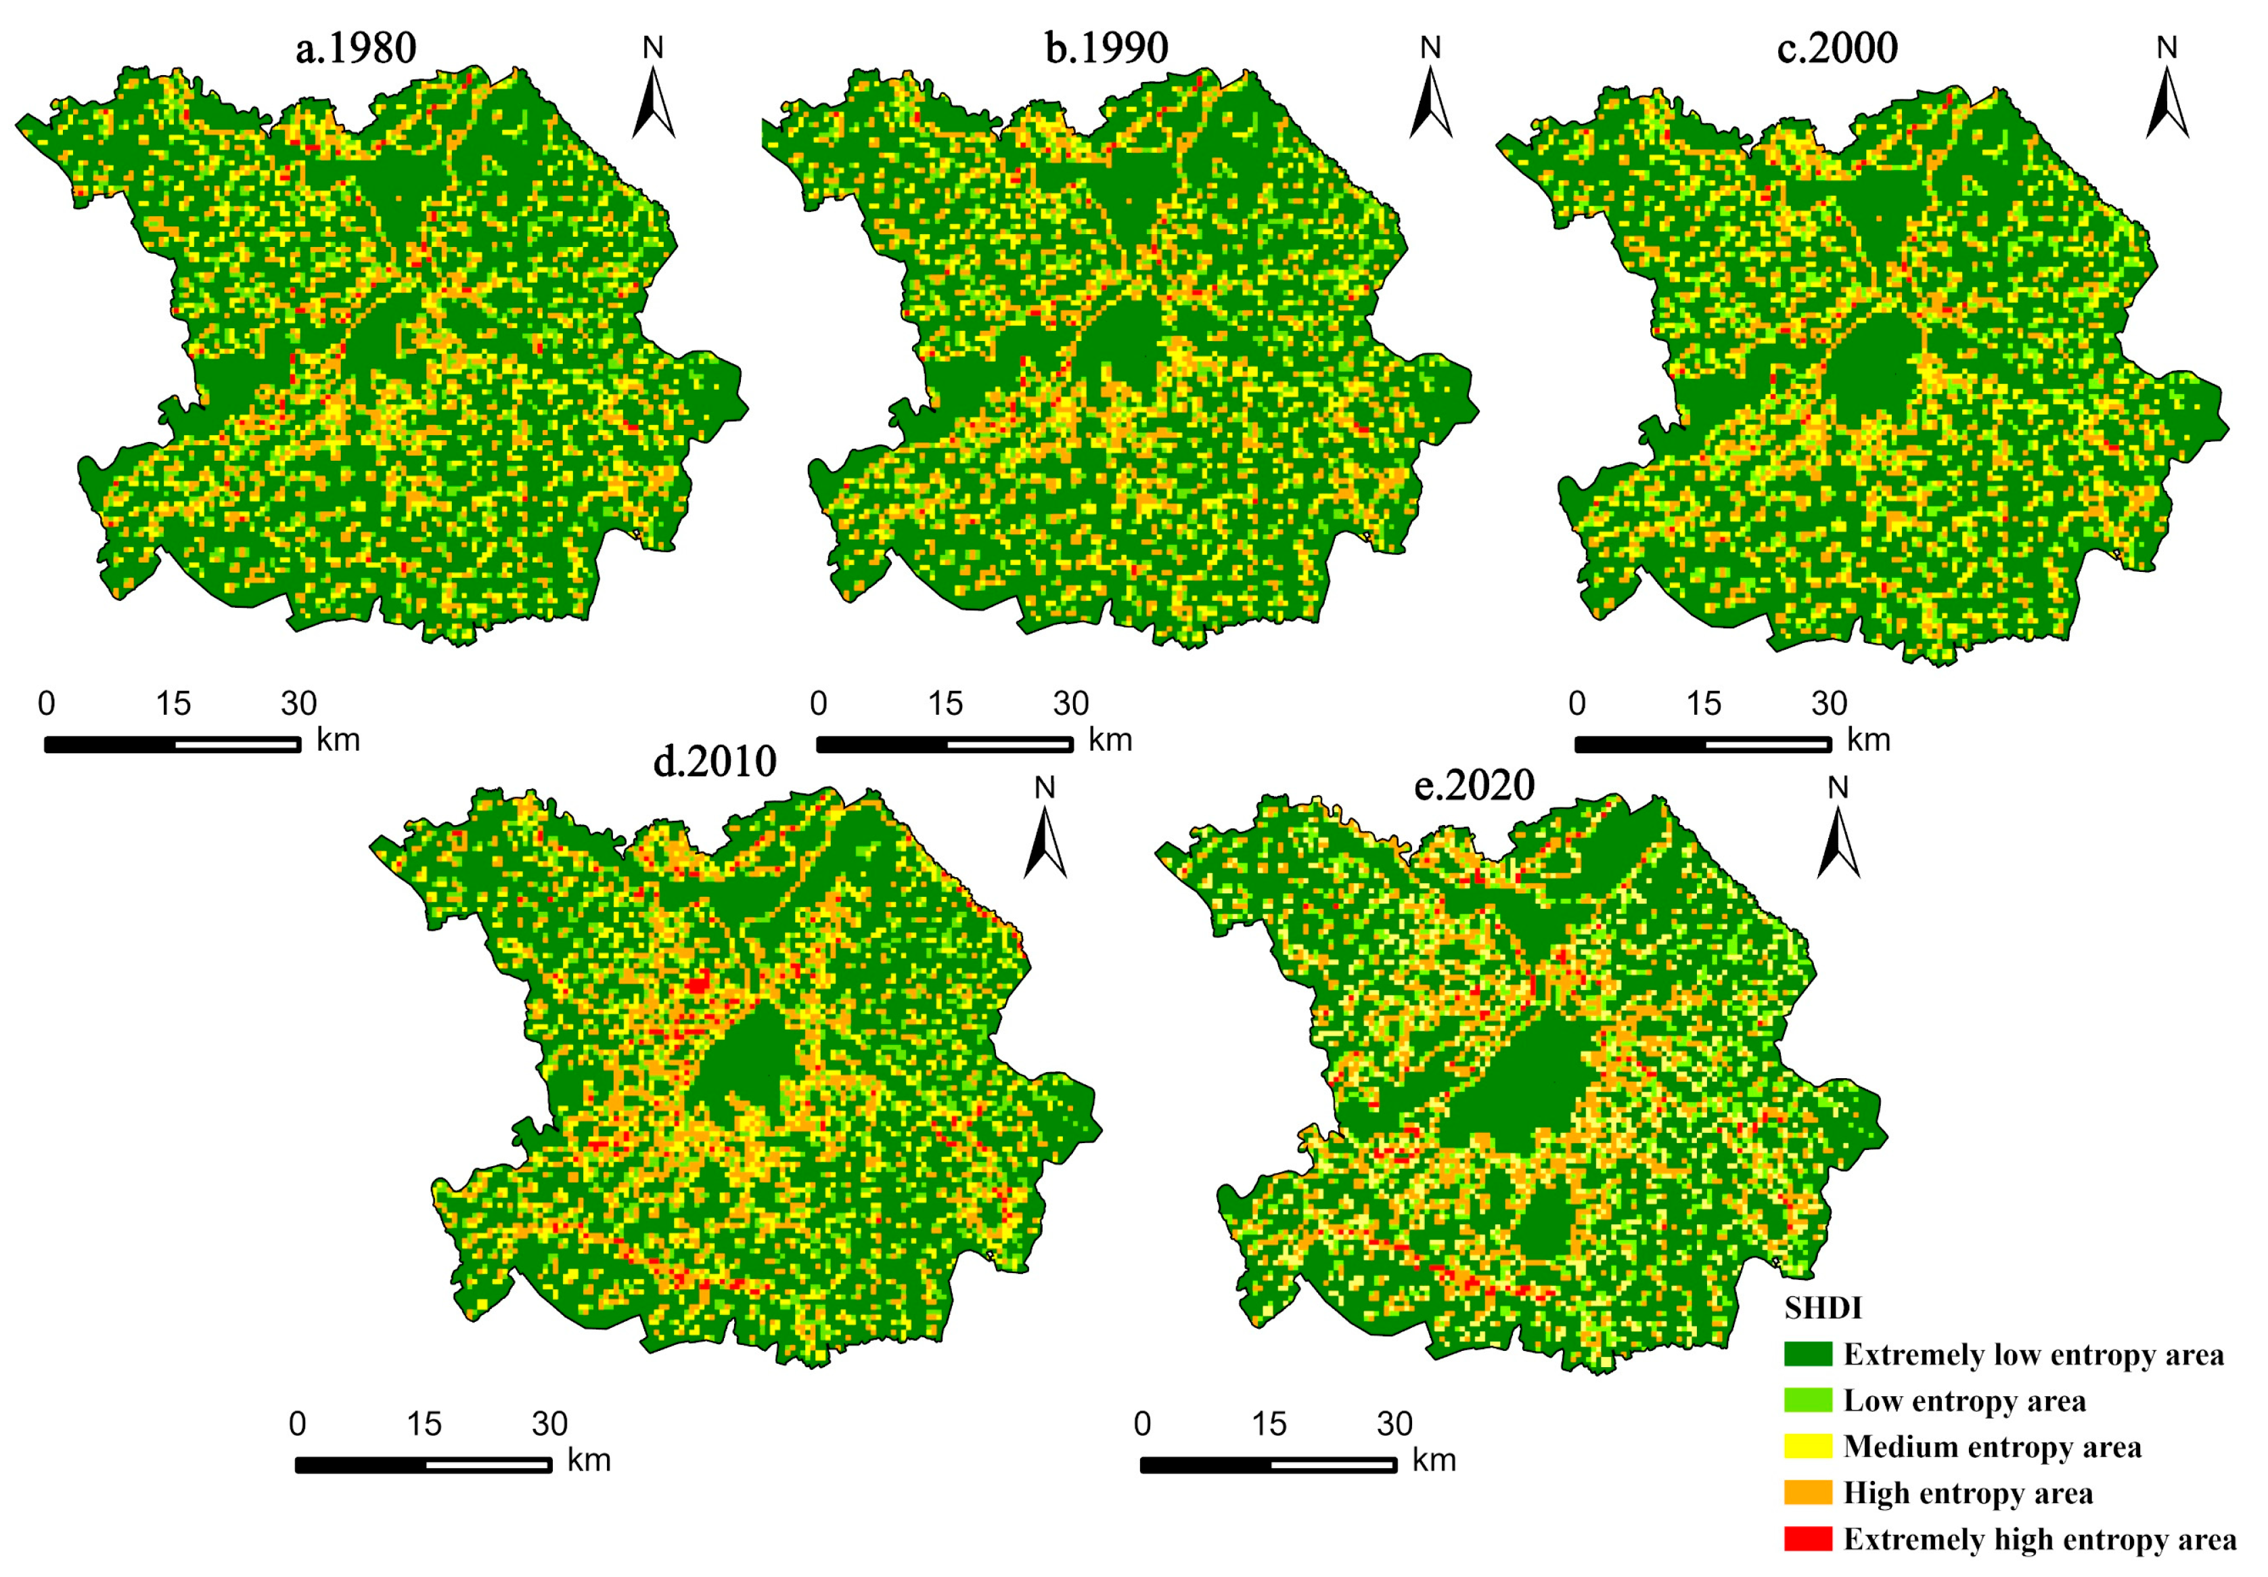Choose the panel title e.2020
pyautogui.click(x=1475, y=786)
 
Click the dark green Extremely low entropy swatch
pyautogui.click(x=1808, y=1354)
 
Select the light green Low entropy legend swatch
pyautogui.click(x=1808, y=1400)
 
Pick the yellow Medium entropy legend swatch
pyautogui.click(x=1808, y=1446)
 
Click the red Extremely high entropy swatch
pyautogui.click(x=1808, y=1538)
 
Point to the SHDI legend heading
pyautogui.click(x=1823, y=1308)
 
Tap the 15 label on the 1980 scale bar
pyautogui.click(x=173, y=703)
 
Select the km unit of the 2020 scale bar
pyautogui.click(x=1434, y=1461)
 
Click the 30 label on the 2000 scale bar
pyautogui.click(x=1830, y=703)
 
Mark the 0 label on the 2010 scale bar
pyautogui.click(x=297, y=1424)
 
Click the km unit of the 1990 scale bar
pyautogui.click(x=1110, y=740)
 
